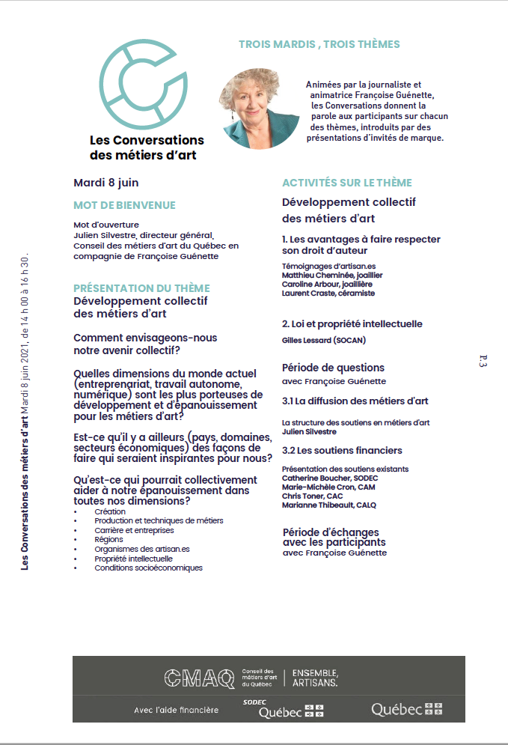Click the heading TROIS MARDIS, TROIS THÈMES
pyautogui.click(x=319, y=45)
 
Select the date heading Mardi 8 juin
pyautogui.click(x=105, y=183)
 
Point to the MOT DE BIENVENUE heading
pyautogui.click(x=124, y=205)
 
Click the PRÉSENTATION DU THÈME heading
pyautogui.click(x=141, y=288)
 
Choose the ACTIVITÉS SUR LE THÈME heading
pyautogui.click(x=346, y=183)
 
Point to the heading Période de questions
pyautogui.click(x=333, y=368)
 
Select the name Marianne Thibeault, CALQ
pyautogui.click(x=329, y=505)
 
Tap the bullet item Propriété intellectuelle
pyautogui.click(x=133, y=559)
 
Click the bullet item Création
pyautogui.click(x=110, y=511)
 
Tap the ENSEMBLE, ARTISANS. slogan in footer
pyautogui.click(x=314, y=678)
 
